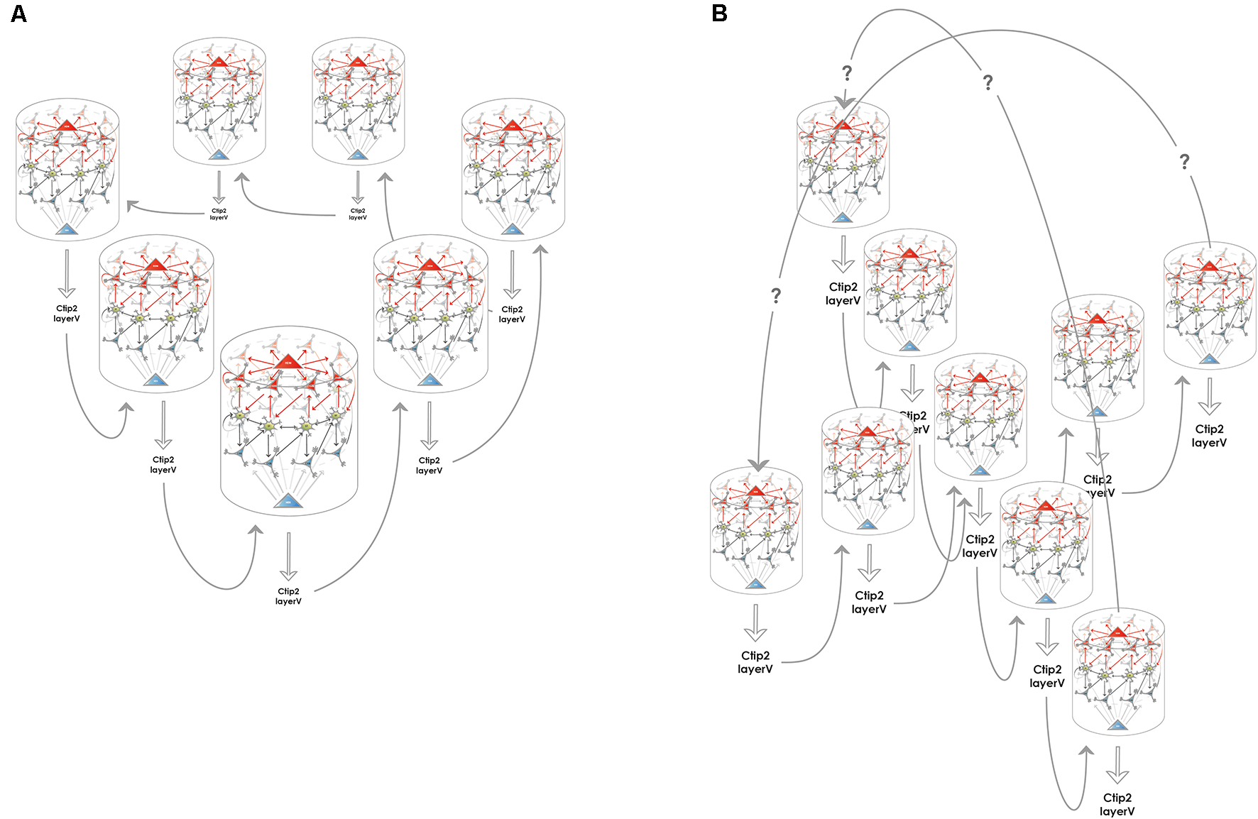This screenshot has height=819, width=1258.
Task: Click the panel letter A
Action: [19, 13]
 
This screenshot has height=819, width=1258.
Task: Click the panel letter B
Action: [719, 13]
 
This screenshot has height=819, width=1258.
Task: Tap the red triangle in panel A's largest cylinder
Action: [288, 361]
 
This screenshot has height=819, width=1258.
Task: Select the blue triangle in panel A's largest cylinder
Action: [288, 501]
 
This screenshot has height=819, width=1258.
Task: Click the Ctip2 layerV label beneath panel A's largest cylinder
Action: [288, 596]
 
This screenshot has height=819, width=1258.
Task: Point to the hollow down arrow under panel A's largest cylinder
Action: [288, 556]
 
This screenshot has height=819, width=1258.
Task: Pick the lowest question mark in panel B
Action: [776, 296]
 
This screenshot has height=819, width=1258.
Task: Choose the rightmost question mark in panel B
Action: [1184, 162]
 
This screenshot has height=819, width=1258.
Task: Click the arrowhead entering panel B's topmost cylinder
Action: [844, 102]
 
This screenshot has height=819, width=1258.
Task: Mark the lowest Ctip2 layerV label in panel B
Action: [1117, 804]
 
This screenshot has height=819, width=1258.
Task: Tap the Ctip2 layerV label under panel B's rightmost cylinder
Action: [1209, 436]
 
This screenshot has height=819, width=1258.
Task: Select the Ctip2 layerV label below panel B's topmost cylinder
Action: [843, 294]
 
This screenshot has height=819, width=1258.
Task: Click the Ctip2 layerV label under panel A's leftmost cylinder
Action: [67, 314]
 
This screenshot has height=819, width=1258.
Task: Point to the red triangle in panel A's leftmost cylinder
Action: [67, 125]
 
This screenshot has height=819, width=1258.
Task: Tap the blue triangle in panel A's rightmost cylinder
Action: [513, 229]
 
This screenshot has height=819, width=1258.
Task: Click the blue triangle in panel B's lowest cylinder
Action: [1117, 725]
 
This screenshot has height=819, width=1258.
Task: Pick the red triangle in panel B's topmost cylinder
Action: [842, 124]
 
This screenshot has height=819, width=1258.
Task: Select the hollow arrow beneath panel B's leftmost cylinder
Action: [755, 622]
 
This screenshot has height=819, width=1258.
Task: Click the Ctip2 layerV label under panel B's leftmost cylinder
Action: [755, 662]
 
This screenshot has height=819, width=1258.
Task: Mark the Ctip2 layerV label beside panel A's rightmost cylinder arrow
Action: [512, 314]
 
